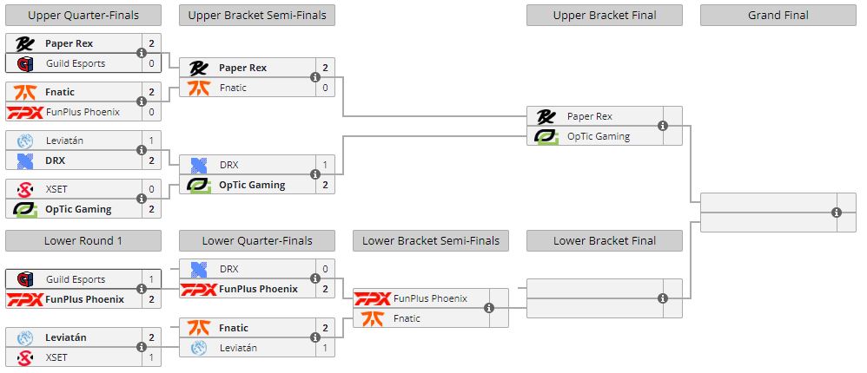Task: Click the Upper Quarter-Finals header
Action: (x=83, y=15)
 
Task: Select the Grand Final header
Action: (x=778, y=15)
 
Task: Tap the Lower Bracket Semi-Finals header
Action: (x=430, y=240)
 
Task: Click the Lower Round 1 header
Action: (x=83, y=240)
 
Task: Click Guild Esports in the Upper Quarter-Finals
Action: (x=76, y=63)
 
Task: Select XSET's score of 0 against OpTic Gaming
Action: (x=151, y=189)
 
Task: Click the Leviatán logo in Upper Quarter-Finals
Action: (x=25, y=141)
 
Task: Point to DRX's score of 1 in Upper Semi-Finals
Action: (x=325, y=165)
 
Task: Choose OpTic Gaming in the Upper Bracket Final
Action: (x=599, y=135)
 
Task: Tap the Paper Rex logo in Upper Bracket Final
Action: (x=546, y=116)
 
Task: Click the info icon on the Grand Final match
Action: (x=836, y=213)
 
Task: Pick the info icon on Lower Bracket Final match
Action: (x=662, y=298)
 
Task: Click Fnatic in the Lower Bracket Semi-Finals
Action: (x=407, y=318)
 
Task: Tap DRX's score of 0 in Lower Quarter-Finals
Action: (x=325, y=269)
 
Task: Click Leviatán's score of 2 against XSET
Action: (x=151, y=337)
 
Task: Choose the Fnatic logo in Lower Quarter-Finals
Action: (x=199, y=328)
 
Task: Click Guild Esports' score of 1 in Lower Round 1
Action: (x=151, y=279)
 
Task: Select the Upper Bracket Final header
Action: (x=604, y=15)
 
